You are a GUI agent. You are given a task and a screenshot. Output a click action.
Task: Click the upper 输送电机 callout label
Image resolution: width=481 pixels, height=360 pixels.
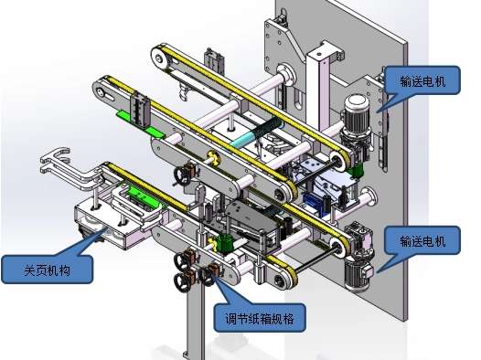(x=422, y=80)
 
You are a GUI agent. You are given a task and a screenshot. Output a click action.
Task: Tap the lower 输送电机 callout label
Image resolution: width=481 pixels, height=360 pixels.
(x=422, y=240)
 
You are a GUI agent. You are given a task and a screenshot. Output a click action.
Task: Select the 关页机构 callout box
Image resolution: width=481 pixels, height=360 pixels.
(x=47, y=270)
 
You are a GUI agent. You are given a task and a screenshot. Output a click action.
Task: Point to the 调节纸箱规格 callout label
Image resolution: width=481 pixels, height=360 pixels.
(x=260, y=318)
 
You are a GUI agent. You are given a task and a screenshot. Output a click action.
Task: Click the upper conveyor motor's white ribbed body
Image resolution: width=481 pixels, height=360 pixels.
(x=357, y=112)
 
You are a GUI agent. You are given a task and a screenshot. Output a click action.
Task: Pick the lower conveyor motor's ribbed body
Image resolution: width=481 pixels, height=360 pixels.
(x=356, y=274)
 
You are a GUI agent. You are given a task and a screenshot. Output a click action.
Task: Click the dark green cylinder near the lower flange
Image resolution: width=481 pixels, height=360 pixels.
(x=227, y=244)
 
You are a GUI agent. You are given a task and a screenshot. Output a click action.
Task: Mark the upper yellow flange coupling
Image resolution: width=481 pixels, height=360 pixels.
(x=213, y=158)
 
